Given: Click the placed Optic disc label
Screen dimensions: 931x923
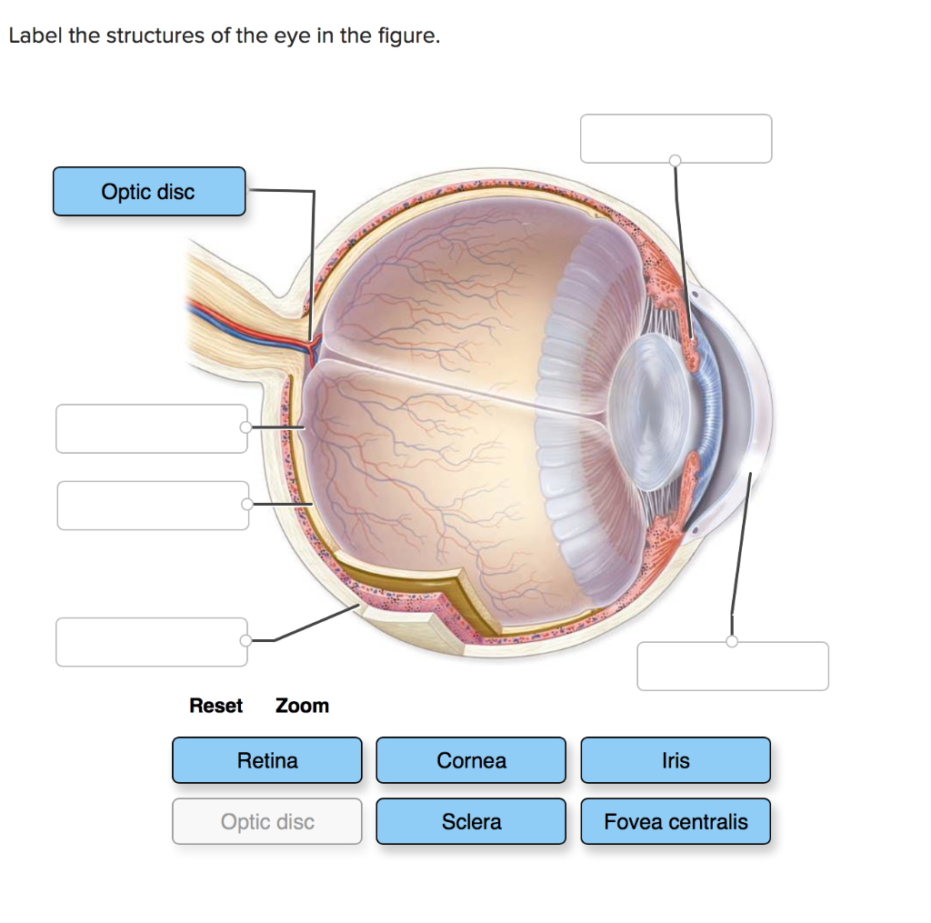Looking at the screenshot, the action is (149, 191).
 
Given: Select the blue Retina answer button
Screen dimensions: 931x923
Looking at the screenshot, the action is (266, 760).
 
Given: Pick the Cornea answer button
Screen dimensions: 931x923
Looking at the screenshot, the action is (471, 760).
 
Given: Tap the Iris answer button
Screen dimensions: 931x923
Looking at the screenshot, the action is (676, 760).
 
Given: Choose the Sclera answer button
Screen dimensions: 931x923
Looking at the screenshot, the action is (471, 821).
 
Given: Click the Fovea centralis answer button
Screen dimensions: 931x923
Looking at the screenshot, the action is (676, 821).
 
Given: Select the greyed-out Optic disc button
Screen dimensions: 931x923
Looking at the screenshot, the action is (266, 821).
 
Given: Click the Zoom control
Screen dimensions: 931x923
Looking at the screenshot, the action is (302, 706).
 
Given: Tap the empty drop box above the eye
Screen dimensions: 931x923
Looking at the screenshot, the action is (676, 137).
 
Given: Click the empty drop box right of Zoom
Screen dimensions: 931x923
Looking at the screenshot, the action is (733, 667).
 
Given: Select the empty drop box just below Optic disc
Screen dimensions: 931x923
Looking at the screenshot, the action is (151, 428).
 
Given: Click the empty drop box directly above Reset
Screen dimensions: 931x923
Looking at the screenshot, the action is (151, 642).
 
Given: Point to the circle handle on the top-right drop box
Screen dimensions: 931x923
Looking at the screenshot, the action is (675, 161).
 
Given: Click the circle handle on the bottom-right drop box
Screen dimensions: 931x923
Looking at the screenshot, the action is (732, 642).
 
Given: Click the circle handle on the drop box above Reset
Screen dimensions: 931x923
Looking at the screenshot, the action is (245, 641).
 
